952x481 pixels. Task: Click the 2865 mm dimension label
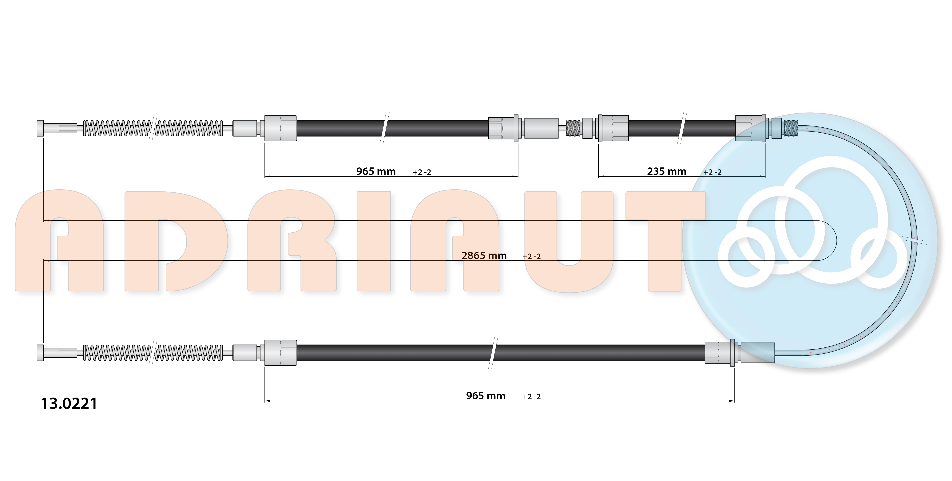pos(484,255)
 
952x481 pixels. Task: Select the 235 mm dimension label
pos(666,172)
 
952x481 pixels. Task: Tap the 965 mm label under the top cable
pos(376,172)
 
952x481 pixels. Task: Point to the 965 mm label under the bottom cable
pos(486,396)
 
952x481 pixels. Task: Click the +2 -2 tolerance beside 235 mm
pos(712,172)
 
